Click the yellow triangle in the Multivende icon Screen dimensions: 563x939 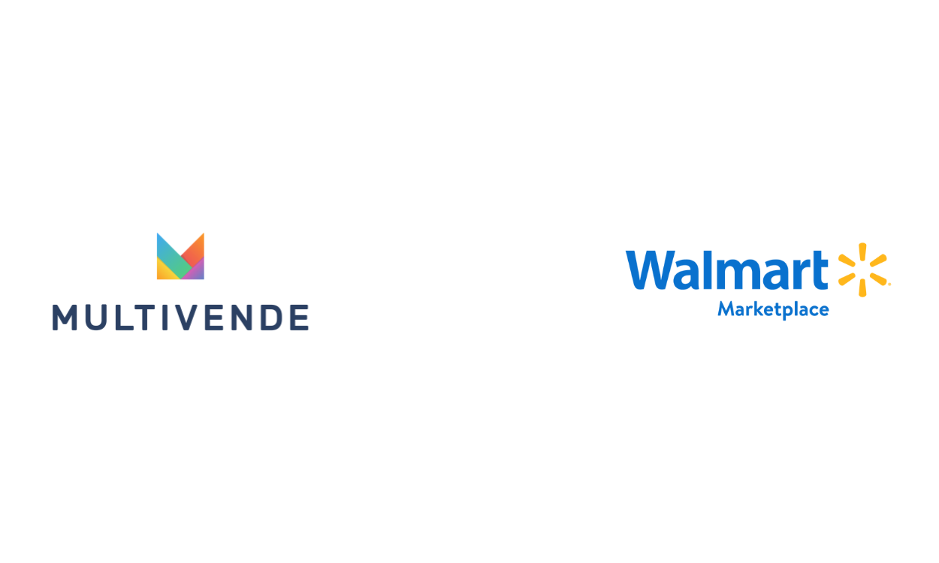(162, 271)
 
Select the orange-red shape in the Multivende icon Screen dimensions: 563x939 (195, 248)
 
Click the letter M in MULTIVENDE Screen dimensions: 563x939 (65, 318)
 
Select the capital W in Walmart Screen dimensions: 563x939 (651, 270)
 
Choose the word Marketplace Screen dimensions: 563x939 (773, 309)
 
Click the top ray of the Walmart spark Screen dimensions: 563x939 (862, 253)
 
